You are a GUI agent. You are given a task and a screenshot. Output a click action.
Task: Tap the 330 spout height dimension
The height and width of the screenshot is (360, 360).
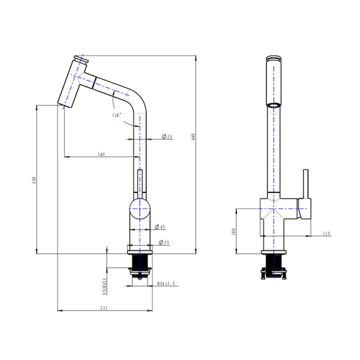(34, 180)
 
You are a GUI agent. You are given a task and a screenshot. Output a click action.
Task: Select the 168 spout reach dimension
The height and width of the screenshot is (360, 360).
(101, 154)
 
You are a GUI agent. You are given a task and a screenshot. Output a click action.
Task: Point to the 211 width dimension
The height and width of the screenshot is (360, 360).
(104, 308)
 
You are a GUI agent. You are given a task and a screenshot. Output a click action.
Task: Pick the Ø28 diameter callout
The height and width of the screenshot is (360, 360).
(167, 137)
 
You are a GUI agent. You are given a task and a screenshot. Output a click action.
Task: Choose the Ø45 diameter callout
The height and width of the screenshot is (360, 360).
(160, 227)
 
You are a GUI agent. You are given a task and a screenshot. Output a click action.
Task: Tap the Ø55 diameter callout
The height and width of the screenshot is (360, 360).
(164, 242)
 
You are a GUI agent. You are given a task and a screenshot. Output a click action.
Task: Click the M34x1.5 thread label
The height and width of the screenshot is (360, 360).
(166, 284)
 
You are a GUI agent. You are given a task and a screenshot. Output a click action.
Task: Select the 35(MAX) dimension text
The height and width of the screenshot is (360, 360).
(105, 286)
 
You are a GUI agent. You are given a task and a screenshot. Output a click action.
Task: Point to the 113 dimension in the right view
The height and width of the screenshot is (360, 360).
(326, 234)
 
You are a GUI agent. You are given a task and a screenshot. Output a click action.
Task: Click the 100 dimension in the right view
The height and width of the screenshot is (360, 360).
(234, 232)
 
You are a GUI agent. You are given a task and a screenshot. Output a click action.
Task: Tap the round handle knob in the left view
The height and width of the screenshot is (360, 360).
(140, 209)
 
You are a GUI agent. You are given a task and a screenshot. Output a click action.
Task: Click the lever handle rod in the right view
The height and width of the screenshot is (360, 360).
(306, 184)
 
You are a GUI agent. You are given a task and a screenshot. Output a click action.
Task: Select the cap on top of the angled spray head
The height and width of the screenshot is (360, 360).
(81, 60)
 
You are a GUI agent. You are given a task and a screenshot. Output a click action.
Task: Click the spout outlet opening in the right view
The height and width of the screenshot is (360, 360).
(274, 105)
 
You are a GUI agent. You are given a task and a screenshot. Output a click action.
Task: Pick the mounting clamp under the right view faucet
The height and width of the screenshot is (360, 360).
(274, 274)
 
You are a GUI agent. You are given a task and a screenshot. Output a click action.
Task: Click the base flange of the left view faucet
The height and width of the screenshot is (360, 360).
(140, 252)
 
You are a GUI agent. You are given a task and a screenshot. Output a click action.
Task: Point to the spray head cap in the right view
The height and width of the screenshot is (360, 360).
(274, 58)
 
